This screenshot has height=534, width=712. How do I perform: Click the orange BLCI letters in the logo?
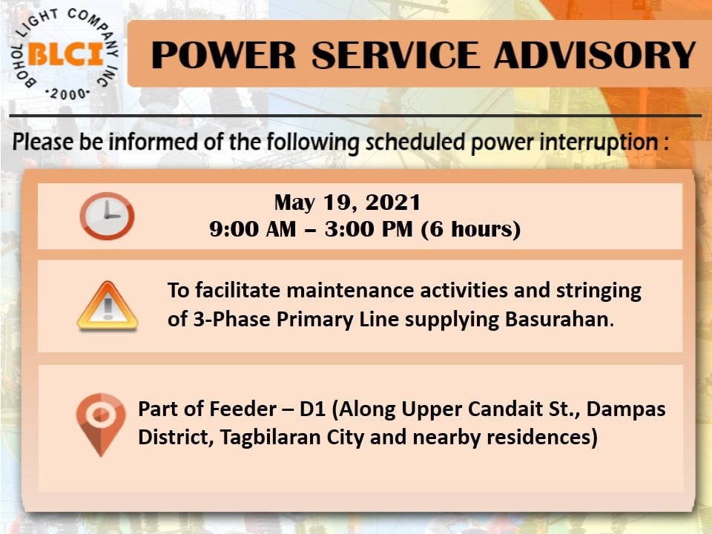pyautogui.click(x=66, y=54)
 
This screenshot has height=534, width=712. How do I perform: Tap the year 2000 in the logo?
pyautogui.click(x=67, y=94)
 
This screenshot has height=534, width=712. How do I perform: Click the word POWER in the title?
pyautogui.click(x=223, y=56)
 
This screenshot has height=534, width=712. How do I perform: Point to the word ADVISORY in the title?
pyautogui.click(x=595, y=56)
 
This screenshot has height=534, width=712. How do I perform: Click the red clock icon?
pyautogui.click(x=107, y=216)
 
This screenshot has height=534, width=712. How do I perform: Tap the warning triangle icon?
pyautogui.click(x=108, y=306)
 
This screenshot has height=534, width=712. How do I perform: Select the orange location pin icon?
pyautogui.click(x=100, y=424)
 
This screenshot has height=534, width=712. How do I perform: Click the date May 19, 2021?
pyautogui.click(x=347, y=202)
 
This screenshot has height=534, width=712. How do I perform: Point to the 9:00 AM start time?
pyautogui.click(x=252, y=229)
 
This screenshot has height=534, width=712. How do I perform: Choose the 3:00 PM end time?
pyautogui.click(x=369, y=229)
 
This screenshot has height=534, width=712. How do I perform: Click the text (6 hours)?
pyautogui.click(x=471, y=229)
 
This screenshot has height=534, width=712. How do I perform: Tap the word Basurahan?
pyautogui.click(x=557, y=319)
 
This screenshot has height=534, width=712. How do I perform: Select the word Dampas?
pyautogui.click(x=626, y=409)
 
